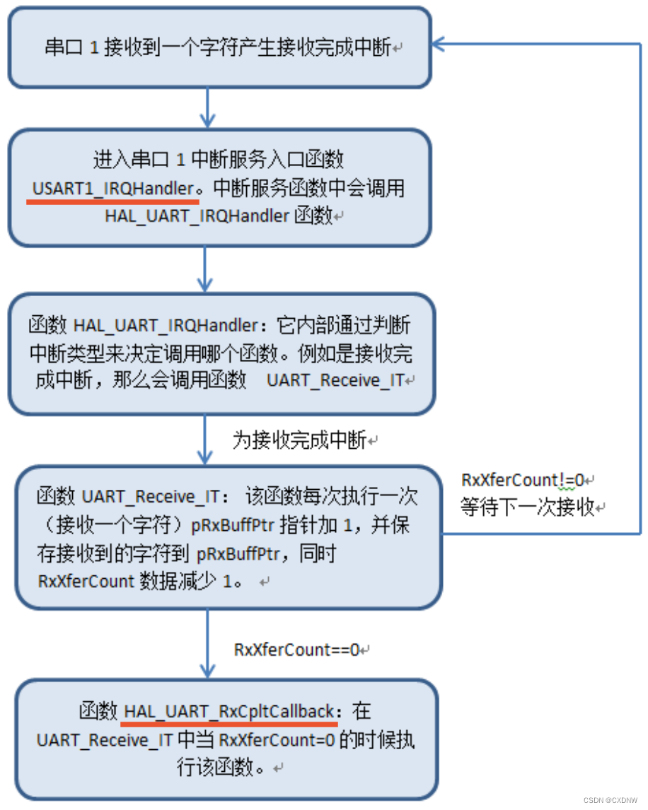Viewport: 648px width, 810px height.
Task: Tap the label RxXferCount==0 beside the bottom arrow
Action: [x=297, y=649]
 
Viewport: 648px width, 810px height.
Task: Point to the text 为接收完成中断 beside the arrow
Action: [x=299, y=440]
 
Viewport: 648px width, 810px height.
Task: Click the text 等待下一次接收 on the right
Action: [x=528, y=507]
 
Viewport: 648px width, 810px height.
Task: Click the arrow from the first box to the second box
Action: [x=206, y=108]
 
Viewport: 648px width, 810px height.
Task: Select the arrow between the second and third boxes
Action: [x=206, y=269]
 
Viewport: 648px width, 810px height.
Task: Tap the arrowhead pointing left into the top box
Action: [x=439, y=45]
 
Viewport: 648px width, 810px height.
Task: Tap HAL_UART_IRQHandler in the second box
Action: [x=197, y=216]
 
